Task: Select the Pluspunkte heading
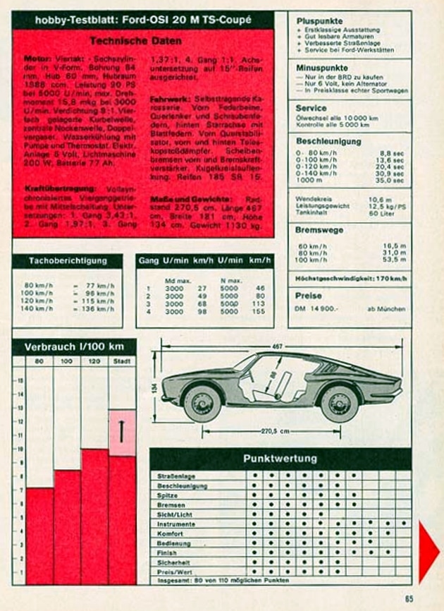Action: pos(320,21)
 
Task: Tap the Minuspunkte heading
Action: pos(322,67)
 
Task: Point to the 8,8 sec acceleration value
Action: pos(392,152)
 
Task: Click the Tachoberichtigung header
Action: pos(68,261)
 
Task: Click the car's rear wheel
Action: pos(339,403)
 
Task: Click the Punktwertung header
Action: pos(280,459)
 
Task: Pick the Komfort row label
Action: pos(171,534)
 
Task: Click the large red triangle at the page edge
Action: pos(428,550)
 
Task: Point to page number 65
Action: pos(409,599)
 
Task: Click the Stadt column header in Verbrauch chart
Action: pos(122,361)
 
